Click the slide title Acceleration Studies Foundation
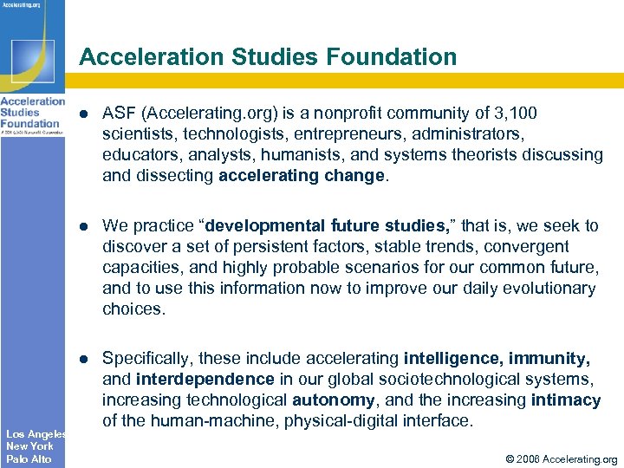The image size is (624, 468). click(267, 57)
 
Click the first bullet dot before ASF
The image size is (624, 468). click(83, 114)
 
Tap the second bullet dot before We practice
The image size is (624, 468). click(83, 226)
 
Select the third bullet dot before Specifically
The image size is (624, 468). click(83, 358)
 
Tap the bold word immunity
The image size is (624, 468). click(549, 358)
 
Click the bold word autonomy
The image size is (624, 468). click(334, 400)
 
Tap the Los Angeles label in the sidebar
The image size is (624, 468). click(36, 433)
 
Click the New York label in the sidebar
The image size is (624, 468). click(29, 446)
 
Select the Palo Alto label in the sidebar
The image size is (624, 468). click(29, 459)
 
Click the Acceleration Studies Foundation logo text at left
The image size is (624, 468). click(32, 112)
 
